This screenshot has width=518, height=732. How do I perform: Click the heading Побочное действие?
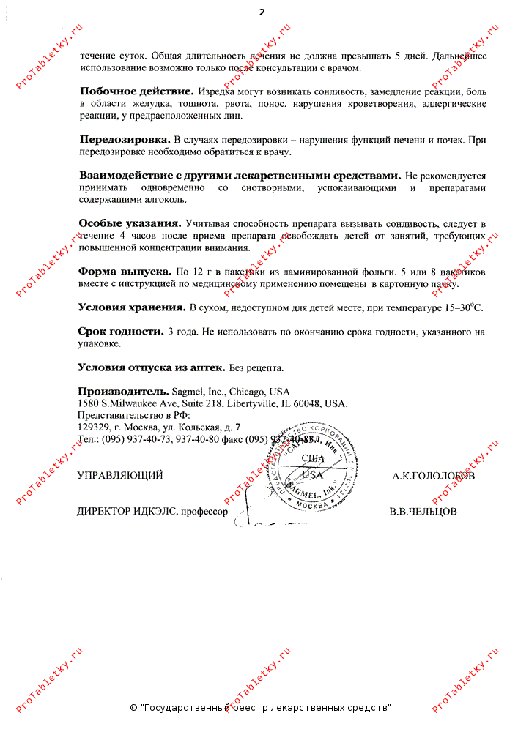[136, 91]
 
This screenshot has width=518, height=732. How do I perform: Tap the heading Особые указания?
[130, 223]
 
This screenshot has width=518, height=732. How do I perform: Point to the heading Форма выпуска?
[125, 271]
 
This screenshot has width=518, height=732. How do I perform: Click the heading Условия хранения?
[132, 307]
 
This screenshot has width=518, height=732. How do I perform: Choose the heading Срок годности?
[121, 332]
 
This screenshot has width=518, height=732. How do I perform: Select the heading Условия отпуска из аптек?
[152, 367]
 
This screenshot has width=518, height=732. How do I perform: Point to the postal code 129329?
[95, 427]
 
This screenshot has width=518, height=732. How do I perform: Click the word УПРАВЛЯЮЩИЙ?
[120, 476]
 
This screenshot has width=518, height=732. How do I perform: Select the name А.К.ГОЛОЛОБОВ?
[433, 476]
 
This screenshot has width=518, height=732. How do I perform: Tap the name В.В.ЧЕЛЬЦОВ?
[423, 512]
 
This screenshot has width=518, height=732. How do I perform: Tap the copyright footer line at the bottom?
[260, 708]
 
